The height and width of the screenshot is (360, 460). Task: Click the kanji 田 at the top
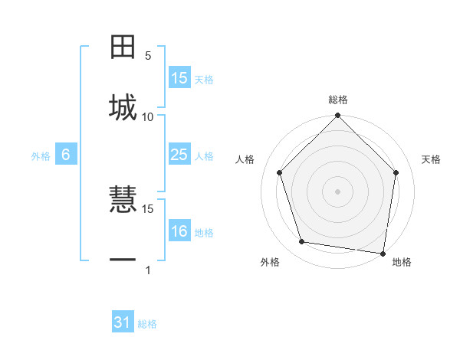point(123,47)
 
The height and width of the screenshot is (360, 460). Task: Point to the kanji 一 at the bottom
point(123,260)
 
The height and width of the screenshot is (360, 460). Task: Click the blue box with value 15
point(179,78)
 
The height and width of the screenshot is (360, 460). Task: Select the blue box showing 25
point(179,155)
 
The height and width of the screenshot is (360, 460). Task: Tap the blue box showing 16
point(179,231)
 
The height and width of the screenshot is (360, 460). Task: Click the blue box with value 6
point(66,155)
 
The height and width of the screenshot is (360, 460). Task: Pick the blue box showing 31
point(123,322)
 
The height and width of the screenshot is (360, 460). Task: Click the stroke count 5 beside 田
point(148,55)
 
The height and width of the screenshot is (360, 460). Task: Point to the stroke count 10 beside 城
point(148,116)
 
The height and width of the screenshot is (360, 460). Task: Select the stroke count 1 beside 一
point(148,270)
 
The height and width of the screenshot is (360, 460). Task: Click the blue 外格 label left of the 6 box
point(41,156)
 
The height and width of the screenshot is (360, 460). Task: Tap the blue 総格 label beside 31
point(147,324)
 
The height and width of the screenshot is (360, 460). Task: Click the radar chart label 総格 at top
point(338,100)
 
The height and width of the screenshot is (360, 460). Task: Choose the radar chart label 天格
point(432,159)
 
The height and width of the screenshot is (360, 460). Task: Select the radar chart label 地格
point(402,262)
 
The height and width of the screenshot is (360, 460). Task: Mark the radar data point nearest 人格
point(279,172)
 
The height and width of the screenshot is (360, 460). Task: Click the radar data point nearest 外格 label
point(302,242)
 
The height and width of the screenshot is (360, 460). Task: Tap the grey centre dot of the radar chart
point(338,191)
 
